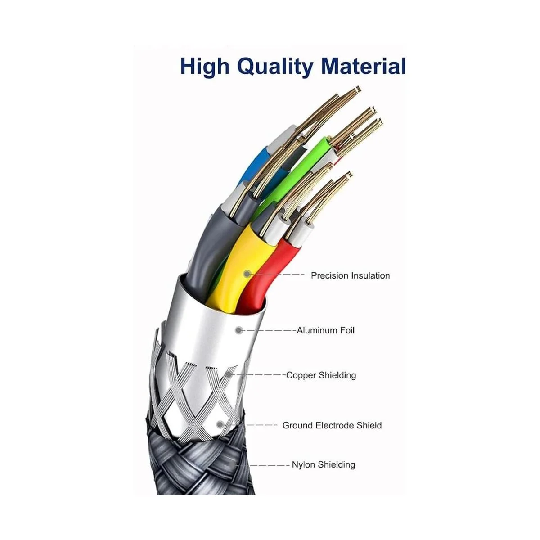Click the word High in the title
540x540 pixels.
205,67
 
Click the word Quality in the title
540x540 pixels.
275,67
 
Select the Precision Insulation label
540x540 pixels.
350,275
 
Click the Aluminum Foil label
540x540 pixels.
326,330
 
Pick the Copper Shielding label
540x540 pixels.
321,375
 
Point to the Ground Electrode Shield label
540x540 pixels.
332,425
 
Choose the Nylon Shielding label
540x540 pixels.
324,464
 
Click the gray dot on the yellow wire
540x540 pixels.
247,274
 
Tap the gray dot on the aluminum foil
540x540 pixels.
239,330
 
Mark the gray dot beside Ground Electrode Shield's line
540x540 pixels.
220,424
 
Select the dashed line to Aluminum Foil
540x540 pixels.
269,331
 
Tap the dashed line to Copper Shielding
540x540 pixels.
258,375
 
